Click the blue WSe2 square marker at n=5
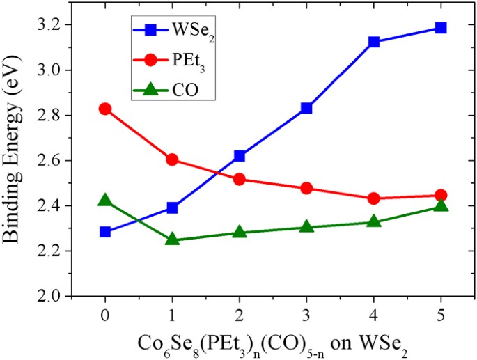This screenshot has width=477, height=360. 440,28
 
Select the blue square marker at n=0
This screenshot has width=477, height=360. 105,232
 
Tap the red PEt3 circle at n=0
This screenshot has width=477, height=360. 105,109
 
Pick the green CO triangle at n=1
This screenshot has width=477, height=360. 172,240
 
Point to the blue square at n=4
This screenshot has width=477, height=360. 373,42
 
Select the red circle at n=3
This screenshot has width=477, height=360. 306,188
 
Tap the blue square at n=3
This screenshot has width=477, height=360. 306,108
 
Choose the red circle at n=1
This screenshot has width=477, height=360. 172,159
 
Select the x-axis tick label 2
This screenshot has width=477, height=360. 240,313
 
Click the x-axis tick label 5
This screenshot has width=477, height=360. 440,313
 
